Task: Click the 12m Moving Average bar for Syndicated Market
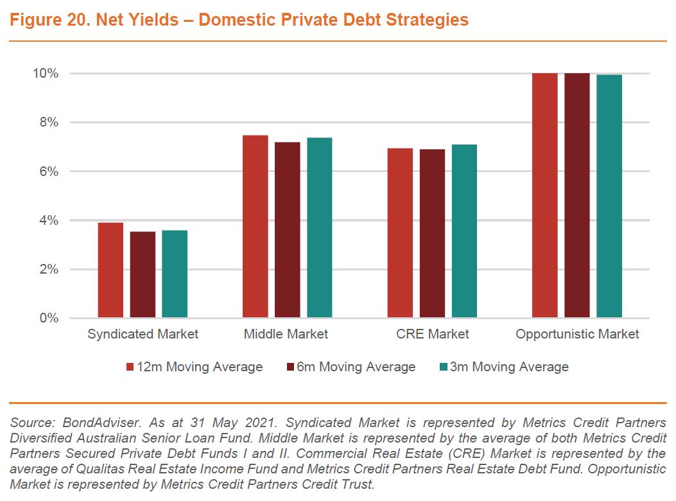coord(110,270)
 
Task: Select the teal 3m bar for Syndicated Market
coord(175,274)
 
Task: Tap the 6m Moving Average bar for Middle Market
coord(288,229)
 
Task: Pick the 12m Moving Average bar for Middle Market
coord(256,226)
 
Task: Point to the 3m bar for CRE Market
coord(464,231)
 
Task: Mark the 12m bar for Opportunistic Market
coord(545,195)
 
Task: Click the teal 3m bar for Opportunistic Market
coord(609,196)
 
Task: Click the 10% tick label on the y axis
coord(46,73)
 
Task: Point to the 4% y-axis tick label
coord(49,220)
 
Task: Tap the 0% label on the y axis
coord(49,319)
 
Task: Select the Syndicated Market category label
coord(143,334)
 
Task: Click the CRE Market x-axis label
coord(432,334)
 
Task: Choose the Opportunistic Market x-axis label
coord(577,334)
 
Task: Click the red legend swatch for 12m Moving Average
coord(130,367)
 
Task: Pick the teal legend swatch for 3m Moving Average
coord(443,367)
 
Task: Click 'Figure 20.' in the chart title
coord(46,20)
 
